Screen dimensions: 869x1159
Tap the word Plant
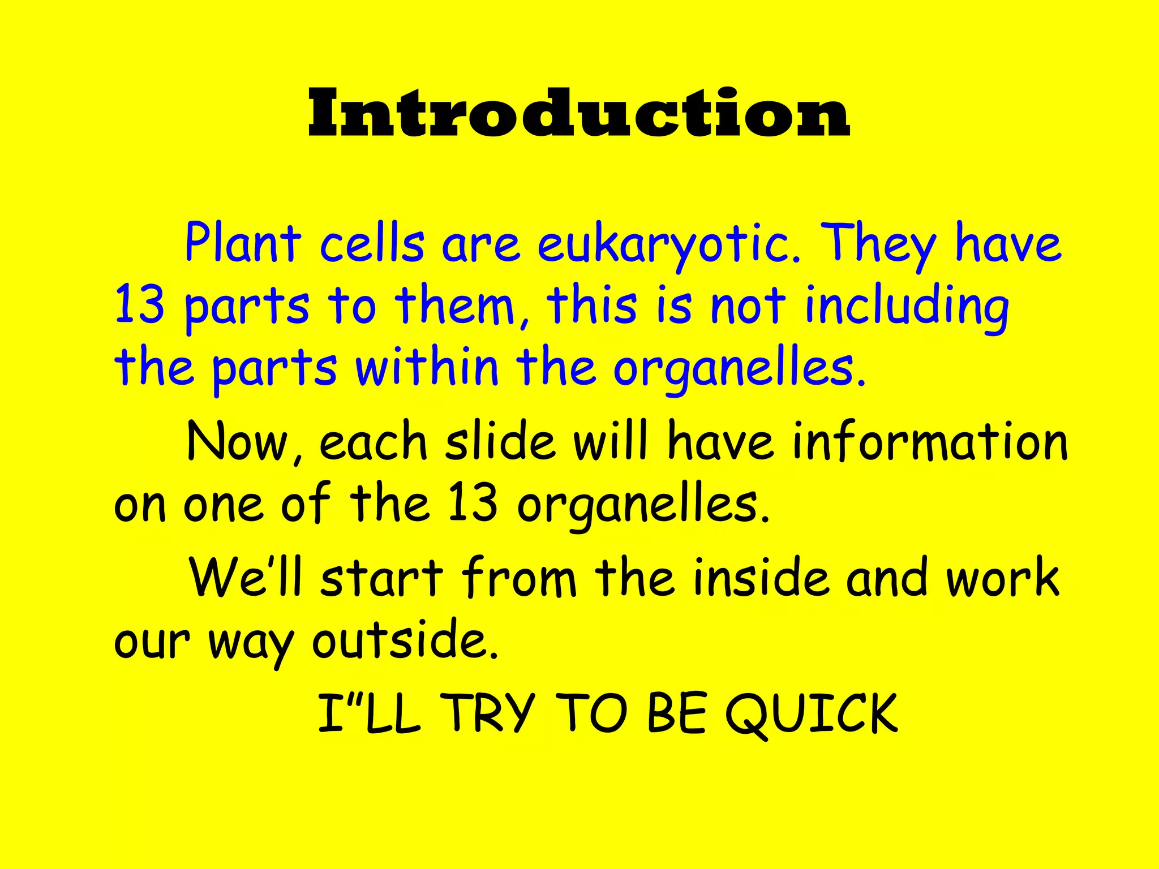coord(243,243)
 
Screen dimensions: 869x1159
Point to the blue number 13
coord(139,306)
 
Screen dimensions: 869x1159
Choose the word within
coord(427,368)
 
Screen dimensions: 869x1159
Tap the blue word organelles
coord(739,369)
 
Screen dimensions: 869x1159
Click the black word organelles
coord(643,505)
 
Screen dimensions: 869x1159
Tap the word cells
coord(371,244)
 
